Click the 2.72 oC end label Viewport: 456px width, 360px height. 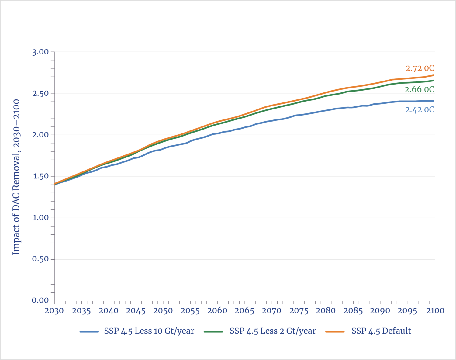[420, 68]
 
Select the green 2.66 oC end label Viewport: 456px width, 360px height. [419, 89]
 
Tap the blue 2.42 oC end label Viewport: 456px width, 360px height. [420, 109]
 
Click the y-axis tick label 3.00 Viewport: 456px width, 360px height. [40, 52]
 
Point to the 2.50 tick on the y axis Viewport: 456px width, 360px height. [40, 93]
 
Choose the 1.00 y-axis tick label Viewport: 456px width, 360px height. [40, 218]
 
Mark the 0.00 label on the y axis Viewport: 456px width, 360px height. [40, 300]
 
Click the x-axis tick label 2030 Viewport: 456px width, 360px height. [54, 311]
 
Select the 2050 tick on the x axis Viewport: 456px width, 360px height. [163, 311]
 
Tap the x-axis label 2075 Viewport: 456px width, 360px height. [299, 311]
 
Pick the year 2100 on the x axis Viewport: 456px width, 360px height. [435, 311]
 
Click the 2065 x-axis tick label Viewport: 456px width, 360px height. [244, 311]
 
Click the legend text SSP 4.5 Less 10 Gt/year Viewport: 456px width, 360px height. [149, 331]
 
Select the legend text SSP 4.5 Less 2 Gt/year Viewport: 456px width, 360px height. [273, 331]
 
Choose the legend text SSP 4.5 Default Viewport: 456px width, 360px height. [381, 331]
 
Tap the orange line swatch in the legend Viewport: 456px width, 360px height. [335, 331]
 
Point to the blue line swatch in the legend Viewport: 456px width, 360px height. [89, 331]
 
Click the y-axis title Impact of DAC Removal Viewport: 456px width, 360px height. [16, 177]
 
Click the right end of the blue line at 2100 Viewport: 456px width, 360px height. [434, 101]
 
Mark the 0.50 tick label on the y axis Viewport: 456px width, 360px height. [40, 259]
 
